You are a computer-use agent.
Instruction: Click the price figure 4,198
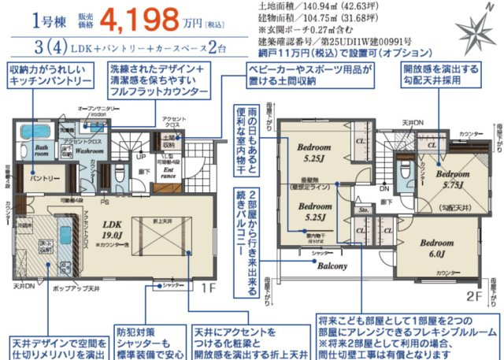pyautogui.click(x=154, y=17)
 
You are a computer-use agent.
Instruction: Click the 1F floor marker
pyautogui.click(x=208, y=288)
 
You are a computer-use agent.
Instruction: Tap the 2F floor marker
pyautogui.click(x=473, y=298)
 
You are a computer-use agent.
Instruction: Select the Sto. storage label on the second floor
pyautogui.click(x=363, y=210)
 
